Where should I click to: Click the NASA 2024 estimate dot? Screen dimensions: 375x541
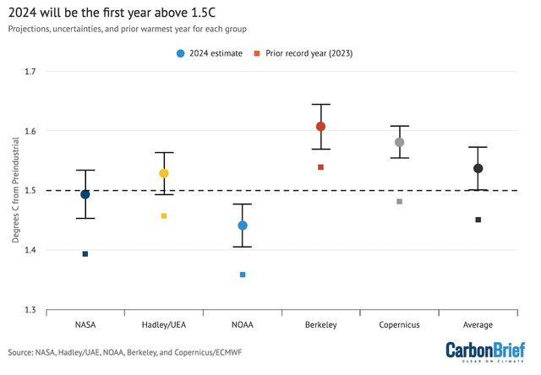[x=85, y=194]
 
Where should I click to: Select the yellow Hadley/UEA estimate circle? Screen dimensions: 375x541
[x=164, y=173]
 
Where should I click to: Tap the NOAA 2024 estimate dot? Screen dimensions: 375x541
[x=243, y=226]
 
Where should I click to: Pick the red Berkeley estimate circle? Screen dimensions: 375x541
[x=321, y=127]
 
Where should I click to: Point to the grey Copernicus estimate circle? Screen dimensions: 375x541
[x=400, y=142]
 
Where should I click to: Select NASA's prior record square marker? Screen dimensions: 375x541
[x=85, y=253]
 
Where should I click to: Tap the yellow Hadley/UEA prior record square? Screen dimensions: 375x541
[x=164, y=216]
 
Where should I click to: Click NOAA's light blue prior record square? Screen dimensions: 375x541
[x=243, y=274]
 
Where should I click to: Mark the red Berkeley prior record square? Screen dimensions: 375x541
[x=321, y=167]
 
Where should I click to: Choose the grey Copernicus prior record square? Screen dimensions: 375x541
[x=400, y=201]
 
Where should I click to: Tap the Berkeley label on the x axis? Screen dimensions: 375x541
[x=321, y=324]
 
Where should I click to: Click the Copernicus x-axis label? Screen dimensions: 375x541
[x=400, y=324]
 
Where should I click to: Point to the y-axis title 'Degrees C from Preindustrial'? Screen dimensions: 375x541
[x=15, y=191]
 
